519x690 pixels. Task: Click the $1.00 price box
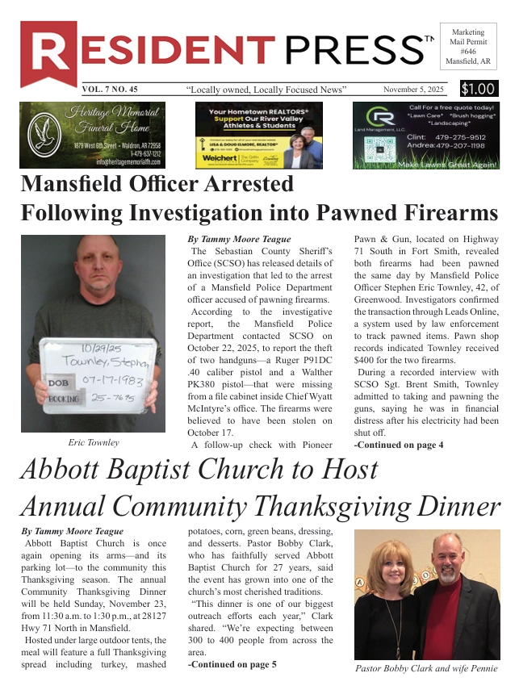[x=479, y=90]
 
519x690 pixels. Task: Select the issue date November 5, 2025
[x=414, y=90]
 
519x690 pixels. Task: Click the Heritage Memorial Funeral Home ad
[x=93, y=135]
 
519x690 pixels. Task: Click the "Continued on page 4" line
[x=399, y=445]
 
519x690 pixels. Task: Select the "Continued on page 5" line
[x=232, y=664]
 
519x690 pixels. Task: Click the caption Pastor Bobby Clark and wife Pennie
[x=426, y=668]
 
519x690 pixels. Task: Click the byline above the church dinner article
[x=73, y=531]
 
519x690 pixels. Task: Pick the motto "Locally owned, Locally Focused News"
[x=266, y=90]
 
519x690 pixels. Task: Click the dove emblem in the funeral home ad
[x=40, y=134]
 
